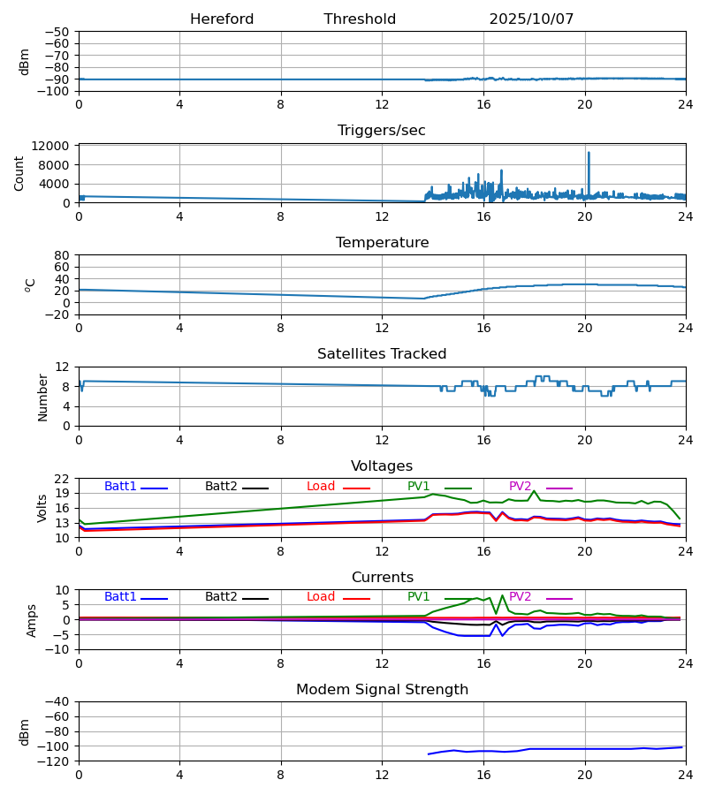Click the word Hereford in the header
[222, 19]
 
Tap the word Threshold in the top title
[360, 19]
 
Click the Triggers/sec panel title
[382, 131]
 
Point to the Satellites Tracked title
[382, 354]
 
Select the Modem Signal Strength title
[382, 690]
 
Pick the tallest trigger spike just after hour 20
[589, 154]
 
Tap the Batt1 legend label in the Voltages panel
[121, 487]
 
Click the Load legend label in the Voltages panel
[321, 487]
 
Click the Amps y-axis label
[32, 620]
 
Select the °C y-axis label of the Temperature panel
[30, 284]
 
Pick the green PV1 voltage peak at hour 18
[534, 491]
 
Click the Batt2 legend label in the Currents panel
[221, 597]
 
